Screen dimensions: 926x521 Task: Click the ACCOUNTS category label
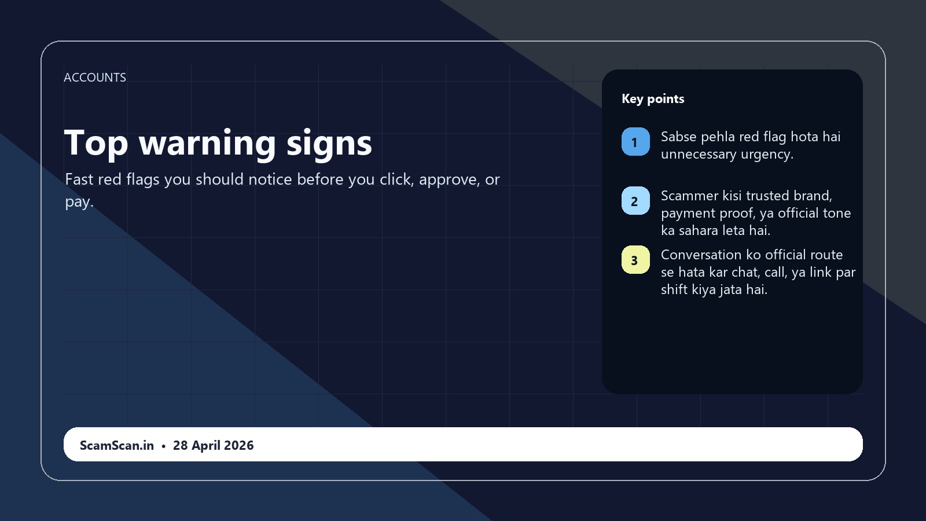pos(95,78)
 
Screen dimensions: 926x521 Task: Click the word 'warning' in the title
pos(207,142)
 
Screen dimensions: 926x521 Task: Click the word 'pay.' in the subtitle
pos(79,202)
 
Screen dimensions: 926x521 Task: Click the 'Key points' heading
pos(653,99)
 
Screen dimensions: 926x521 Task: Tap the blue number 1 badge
pos(635,142)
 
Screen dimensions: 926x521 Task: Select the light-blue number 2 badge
pos(635,201)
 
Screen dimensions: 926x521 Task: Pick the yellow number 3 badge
pos(635,260)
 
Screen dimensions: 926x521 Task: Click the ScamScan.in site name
pos(116,445)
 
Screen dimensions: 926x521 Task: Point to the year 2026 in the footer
pos(239,445)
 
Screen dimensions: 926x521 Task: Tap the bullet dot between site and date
pos(163,446)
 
